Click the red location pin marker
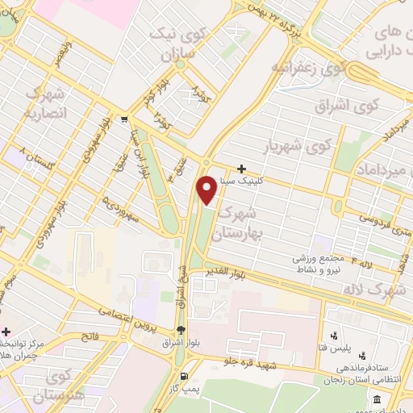[x=206, y=190]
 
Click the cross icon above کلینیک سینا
[x=241, y=169]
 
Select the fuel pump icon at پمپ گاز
[x=186, y=377]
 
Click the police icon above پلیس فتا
[x=333, y=336]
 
